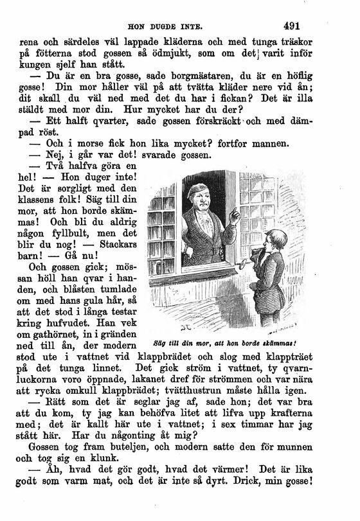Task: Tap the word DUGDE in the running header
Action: tap(169, 28)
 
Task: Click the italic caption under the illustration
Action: tap(229, 341)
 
